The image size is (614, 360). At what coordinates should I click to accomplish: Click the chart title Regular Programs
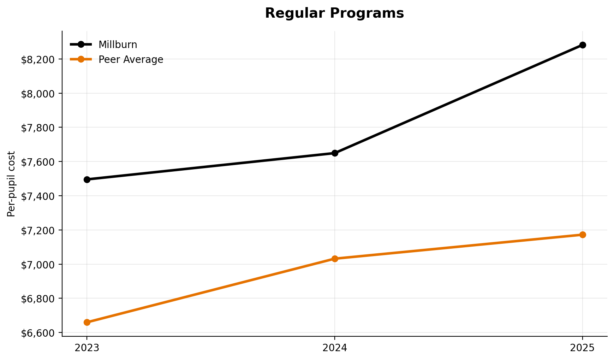click(x=334, y=13)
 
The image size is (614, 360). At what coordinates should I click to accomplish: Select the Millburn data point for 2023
click(x=87, y=179)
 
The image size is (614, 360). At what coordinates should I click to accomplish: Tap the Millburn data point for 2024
click(x=335, y=153)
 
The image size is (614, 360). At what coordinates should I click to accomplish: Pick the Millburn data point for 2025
click(x=583, y=45)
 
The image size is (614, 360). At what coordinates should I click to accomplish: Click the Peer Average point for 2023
click(x=87, y=322)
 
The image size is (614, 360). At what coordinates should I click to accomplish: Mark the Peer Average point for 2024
click(x=335, y=259)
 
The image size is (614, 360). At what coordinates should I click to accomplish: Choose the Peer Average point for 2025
click(x=583, y=235)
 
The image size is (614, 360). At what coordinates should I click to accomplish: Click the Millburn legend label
click(x=118, y=45)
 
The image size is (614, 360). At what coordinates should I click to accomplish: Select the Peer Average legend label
click(x=131, y=60)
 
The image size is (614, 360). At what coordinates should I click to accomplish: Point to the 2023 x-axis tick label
click(x=87, y=348)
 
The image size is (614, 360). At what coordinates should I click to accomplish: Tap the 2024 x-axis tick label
click(x=335, y=348)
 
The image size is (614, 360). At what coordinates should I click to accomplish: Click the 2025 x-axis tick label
click(x=583, y=348)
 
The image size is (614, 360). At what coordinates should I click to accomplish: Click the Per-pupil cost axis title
click(x=11, y=184)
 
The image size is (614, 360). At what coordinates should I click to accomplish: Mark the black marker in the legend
click(x=81, y=45)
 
